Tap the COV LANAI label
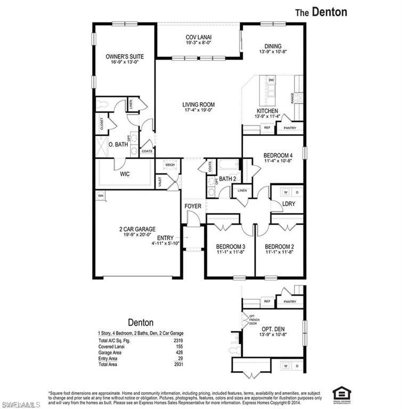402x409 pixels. [199, 37]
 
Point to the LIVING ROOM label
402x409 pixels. [198, 105]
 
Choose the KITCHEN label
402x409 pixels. [267, 111]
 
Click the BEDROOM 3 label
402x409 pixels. [230, 247]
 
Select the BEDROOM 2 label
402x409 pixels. [280, 247]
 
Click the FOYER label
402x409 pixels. [193, 206]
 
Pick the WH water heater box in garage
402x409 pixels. [100, 196]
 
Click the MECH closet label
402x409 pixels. [170, 165]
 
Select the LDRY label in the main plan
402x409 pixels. [289, 204]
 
